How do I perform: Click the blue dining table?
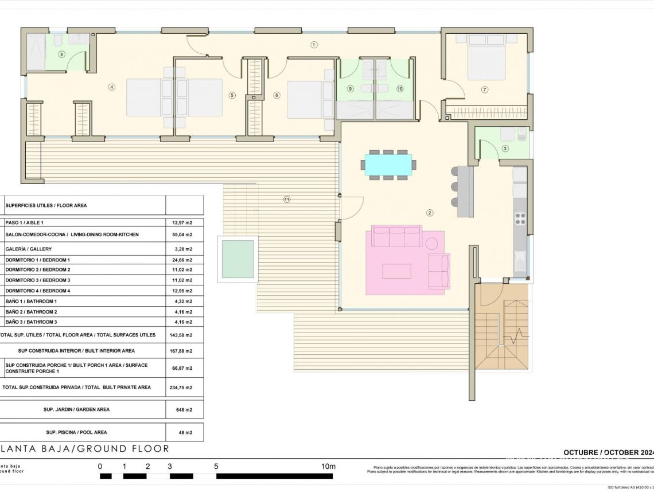point(388,165)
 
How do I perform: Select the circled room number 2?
point(429,213)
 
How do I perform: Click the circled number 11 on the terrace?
point(287,199)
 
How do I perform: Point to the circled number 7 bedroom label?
point(485,89)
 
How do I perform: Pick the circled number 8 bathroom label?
point(62,54)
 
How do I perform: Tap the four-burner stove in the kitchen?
point(520,218)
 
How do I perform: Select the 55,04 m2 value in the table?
point(182,234)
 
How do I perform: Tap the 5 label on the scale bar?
point(216,467)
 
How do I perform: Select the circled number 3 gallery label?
point(505,148)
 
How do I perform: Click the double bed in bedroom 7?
point(486,57)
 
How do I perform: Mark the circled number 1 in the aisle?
point(314,45)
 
